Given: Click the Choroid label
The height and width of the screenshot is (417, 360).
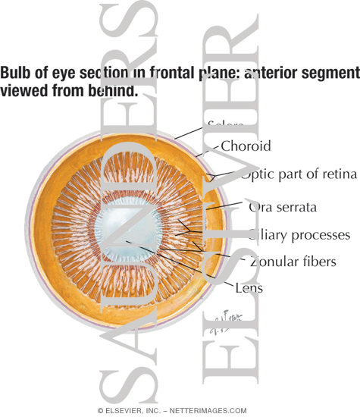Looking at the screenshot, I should (x=245, y=146).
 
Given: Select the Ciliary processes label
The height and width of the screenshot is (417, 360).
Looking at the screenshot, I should (x=299, y=235).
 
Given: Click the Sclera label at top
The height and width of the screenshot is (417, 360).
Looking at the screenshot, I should (x=225, y=123).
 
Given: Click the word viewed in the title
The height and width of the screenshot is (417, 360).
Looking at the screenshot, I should (x=22, y=91).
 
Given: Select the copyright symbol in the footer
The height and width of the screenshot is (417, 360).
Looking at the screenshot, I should (x=100, y=409).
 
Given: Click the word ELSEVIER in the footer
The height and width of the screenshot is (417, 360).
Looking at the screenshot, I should (x=125, y=409).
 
